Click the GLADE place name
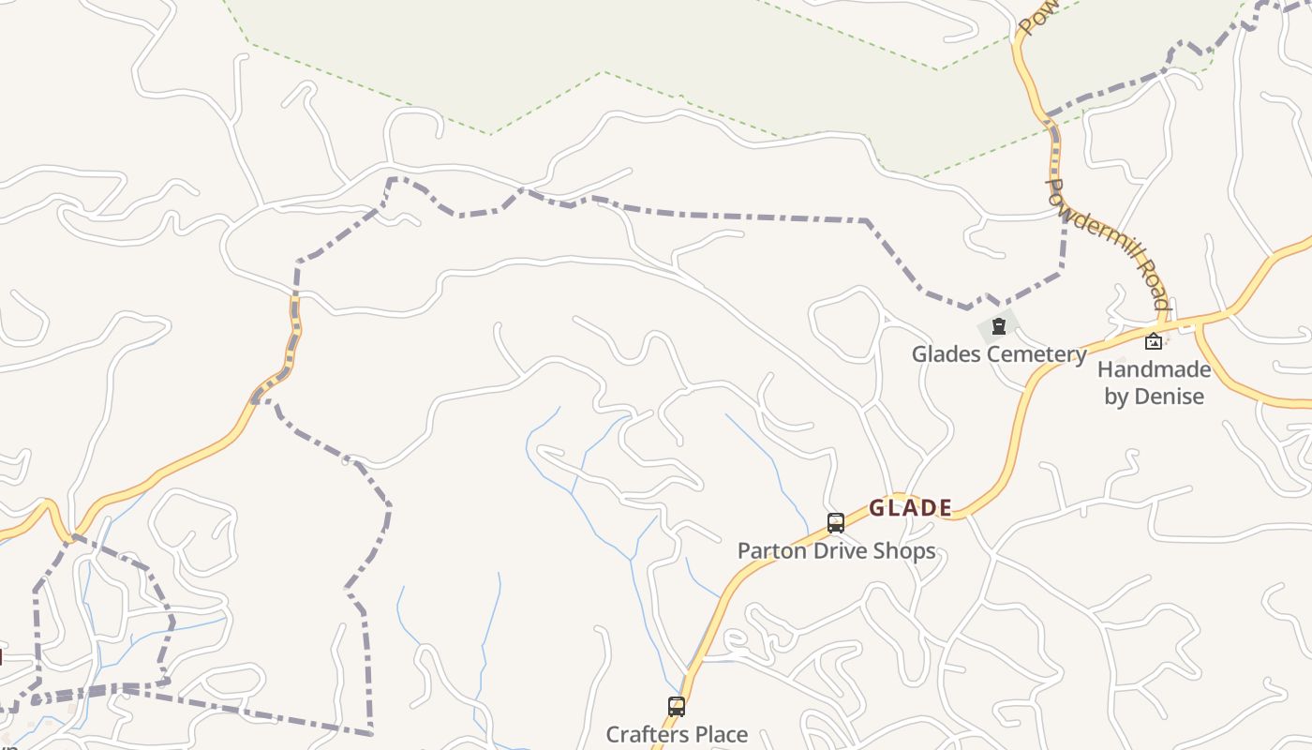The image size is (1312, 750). coord(910,508)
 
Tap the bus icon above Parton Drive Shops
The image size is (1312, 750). coord(835,523)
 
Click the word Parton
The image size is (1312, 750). coord(768,550)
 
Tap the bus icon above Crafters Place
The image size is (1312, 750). coord(676,707)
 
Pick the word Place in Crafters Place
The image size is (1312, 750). coord(722,734)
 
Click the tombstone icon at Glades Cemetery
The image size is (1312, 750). coord(999,327)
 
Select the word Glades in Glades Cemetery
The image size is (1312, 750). coord(946,354)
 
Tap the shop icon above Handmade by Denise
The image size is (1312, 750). coord(1154,342)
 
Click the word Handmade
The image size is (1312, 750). coord(1154,369)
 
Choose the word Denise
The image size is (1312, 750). coord(1169,397)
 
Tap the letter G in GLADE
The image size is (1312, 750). coord(876,508)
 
